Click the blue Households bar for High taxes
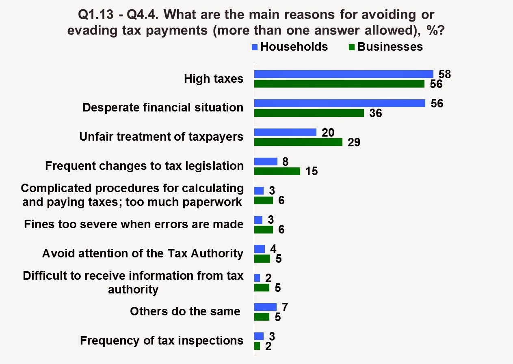[x=344, y=74]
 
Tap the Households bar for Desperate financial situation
[x=340, y=103]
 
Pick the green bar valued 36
[x=309, y=113]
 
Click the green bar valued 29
[x=298, y=142]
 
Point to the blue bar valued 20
[x=285, y=132]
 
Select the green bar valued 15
[x=277, y=171]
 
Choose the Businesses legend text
[x=390, y=47]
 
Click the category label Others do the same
[x=185, y=311]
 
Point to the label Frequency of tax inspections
[x=162, y=340]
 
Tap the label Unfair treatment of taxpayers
[x=162, y=137]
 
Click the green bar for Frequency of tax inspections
[x=257, y=346]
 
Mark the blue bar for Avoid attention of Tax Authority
[x=259, y=249]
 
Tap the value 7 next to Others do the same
[x=285, y=306]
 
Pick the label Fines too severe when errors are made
[x=134, y=224]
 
